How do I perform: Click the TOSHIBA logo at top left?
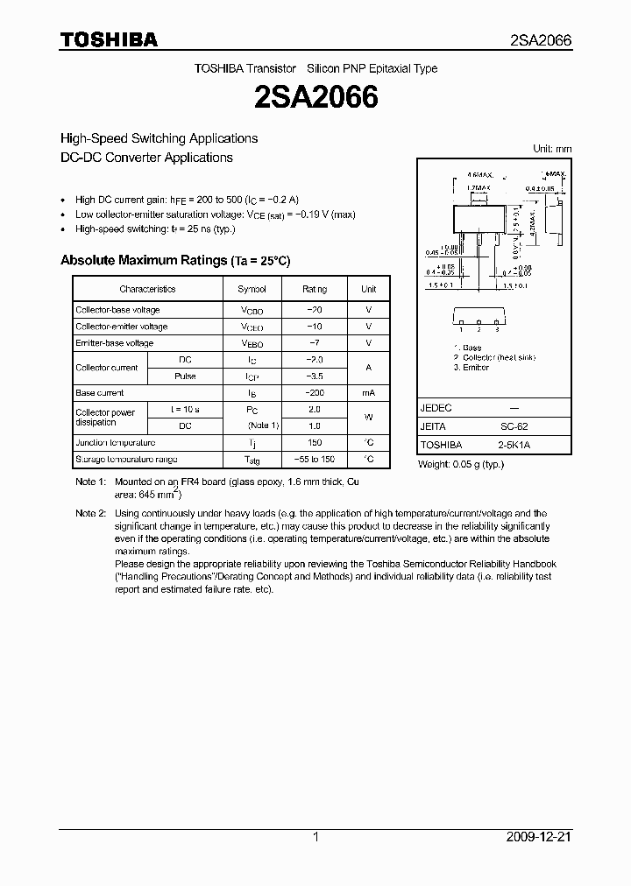point(108,39)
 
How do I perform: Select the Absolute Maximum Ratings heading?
point(174,260)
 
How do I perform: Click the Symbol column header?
point(252,289)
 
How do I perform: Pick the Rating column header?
point(315,289)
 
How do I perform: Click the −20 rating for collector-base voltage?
point(315,310)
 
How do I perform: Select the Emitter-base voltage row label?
point(115,343)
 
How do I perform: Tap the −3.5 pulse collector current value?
point(315,376)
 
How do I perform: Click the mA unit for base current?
point(369,393)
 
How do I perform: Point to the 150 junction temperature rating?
point(315,443)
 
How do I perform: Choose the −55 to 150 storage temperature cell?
point(315,460)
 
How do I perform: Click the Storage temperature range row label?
point(126,460)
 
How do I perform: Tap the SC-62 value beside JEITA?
point(514,426)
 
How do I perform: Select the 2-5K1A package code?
point(514,445)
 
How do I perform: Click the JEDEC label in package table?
point(436,408)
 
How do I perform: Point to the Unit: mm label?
point(552,149)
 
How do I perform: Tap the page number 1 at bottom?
point(315,838)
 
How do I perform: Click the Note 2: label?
point(90,514)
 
